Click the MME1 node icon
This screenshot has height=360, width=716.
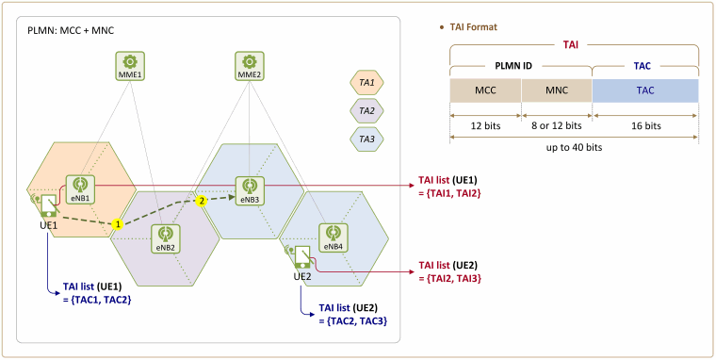tap(130, 66)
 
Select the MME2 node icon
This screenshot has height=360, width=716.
tap(249, 66)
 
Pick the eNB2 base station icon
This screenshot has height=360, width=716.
tap(164, 239)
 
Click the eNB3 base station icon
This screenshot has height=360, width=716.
tap(250, 191)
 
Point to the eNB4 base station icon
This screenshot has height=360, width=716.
tap(333, 237)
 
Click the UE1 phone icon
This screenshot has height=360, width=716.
tap(47, 205)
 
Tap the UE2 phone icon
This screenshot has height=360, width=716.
tap(301, 257)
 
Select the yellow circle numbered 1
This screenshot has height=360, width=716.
tap(118, 224)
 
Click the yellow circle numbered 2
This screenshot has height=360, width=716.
tap(200, 201)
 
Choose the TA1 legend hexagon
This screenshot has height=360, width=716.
tap(366, 85)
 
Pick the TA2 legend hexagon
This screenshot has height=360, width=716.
tap(366, 111)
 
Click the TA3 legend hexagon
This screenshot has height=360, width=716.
tap(366, 139)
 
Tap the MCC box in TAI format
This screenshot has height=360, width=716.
tap(485, 90)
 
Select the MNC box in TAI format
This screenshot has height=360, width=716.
tap(557, 90)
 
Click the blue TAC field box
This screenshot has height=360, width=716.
tap(645, 90)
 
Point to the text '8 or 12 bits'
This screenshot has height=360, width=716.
tap(557, 125)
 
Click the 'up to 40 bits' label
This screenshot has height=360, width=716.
tap(574, 148)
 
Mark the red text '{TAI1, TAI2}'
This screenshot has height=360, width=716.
tap(449, 194)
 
